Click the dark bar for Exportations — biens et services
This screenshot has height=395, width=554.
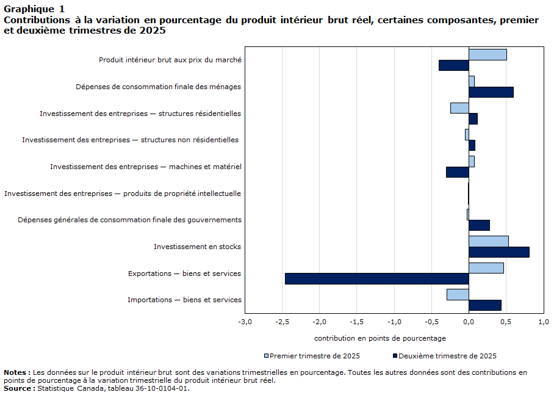(376, 278)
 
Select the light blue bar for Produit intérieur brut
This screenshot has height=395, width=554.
(487, 54)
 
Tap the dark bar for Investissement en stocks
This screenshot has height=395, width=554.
(498, 252)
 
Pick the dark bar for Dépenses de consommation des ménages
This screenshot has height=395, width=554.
(491, 92)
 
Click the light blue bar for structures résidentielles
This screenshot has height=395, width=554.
(459, 108)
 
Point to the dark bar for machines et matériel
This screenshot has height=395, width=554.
(457, 172)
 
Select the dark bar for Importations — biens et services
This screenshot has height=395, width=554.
(484, 305)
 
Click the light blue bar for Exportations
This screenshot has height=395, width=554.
(486, 268)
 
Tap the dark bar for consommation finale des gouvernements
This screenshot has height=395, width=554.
(479, 225)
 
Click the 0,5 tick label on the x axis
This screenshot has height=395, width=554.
(506, 322)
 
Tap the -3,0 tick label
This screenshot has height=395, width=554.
(245, 322)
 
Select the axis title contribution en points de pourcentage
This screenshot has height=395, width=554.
(380, 338)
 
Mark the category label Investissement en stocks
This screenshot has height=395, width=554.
(197, 247)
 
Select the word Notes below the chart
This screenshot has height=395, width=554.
(16, 372)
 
